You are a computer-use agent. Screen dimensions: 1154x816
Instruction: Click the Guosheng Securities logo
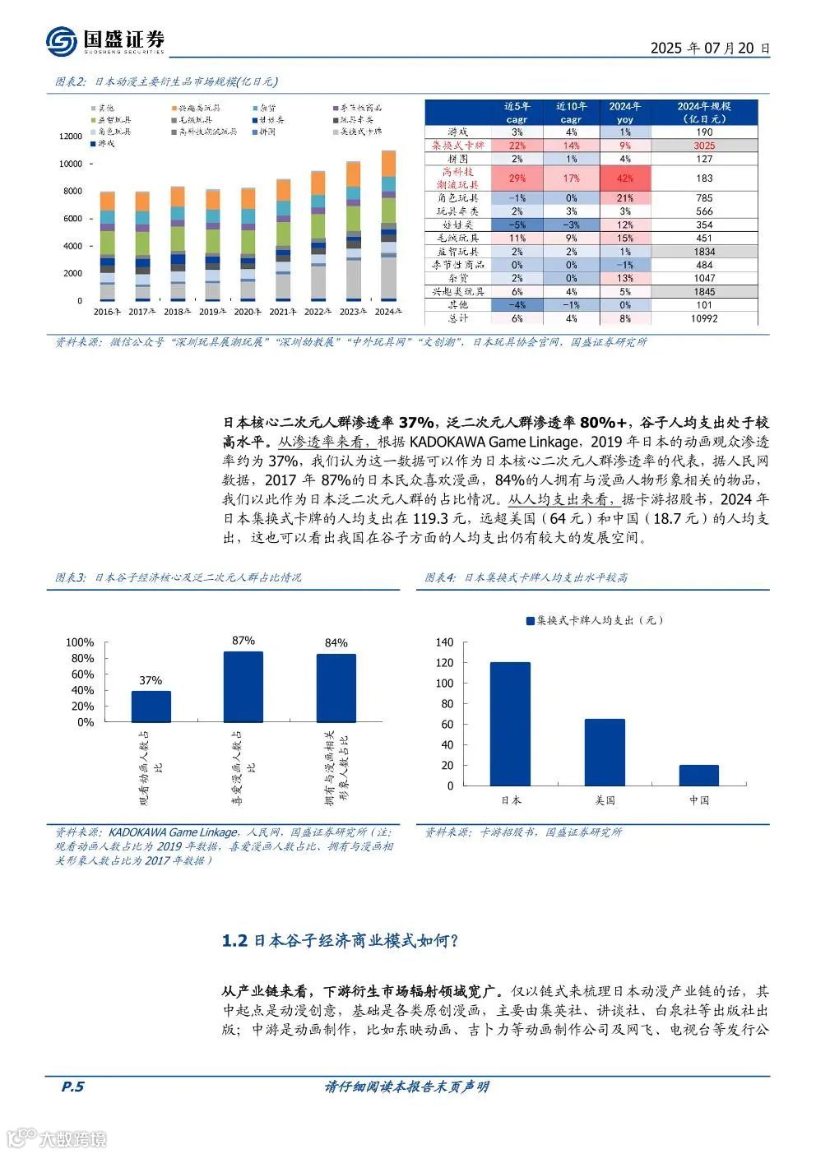coord(104,40)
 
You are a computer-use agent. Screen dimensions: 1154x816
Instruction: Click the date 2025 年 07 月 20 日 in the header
coord(710,48)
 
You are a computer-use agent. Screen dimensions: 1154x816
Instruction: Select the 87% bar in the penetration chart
coord(243,687)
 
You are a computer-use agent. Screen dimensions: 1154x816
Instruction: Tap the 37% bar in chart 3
coord(151,707)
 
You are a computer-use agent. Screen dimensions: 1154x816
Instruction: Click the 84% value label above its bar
coord(336,643)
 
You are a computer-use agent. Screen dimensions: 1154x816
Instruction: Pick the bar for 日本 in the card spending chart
coord(510,724)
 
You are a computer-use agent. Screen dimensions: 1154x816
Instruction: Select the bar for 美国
coord(605,752)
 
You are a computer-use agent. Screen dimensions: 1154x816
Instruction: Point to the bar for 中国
coord(699,775)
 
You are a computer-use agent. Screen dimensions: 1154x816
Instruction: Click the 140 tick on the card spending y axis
coord(444,642)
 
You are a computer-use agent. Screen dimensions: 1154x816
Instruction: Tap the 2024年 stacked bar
coord(388,225)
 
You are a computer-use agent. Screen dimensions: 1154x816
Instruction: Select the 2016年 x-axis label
coord(108,313)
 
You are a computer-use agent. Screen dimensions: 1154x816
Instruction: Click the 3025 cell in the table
coord(704,146)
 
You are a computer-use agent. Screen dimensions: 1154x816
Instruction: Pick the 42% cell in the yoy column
coord(624,178)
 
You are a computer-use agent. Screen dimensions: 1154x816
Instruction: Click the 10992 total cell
coord(704,318)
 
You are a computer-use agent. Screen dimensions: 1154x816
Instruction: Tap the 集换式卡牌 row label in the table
coord(457,146)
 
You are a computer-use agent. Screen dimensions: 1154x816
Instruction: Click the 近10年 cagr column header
coord(571,113)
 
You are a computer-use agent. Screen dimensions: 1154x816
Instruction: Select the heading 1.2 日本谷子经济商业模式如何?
coord(340,941)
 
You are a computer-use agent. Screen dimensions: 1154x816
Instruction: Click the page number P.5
coord(72,1087)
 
